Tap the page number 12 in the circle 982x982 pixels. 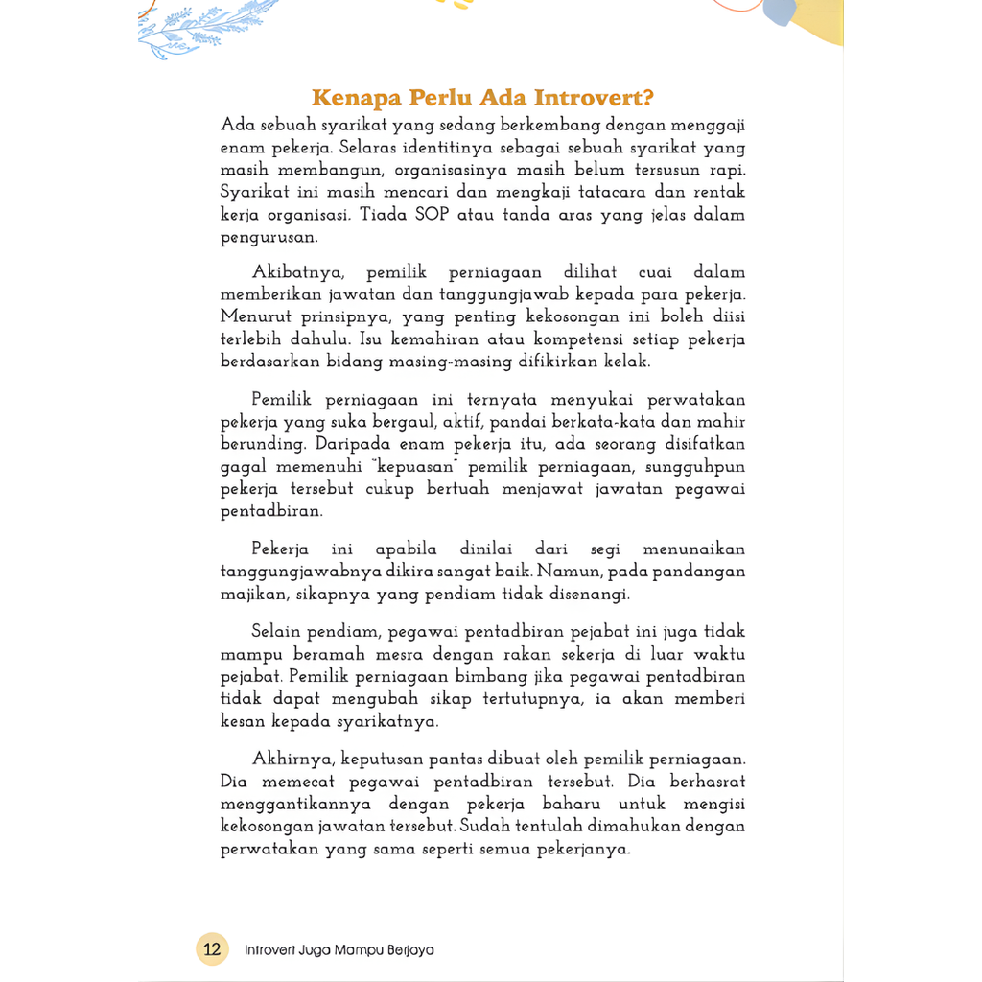click(x=212, y=949)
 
